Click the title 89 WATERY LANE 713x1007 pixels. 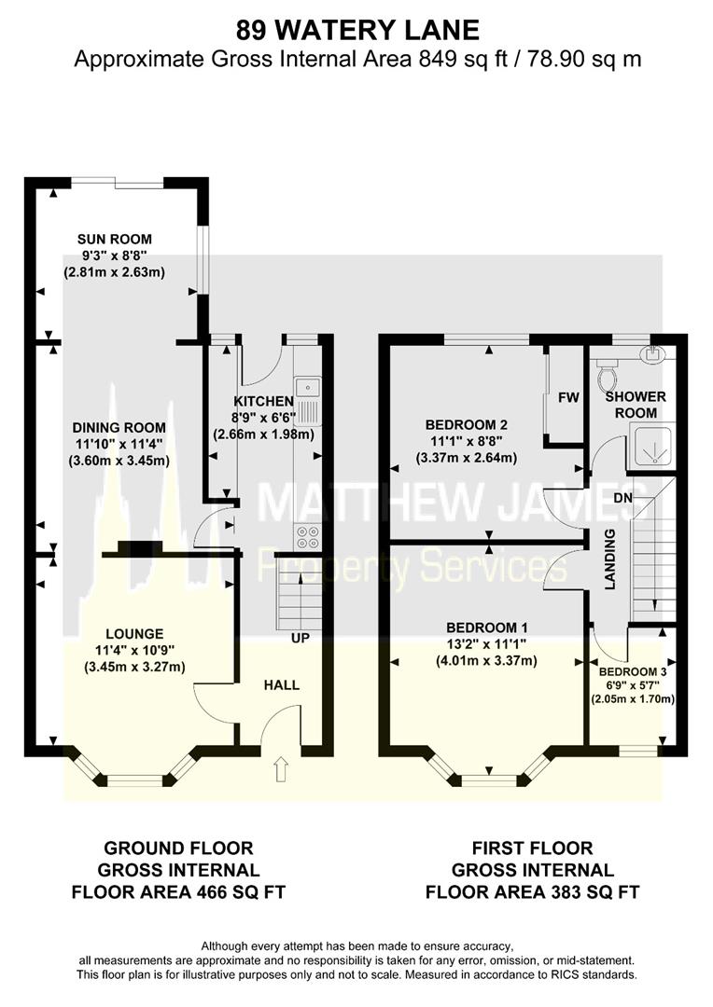[357, 31]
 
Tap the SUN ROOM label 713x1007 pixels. [114, 239]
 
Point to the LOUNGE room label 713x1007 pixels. [134, 633]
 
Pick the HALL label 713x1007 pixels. [281, 684]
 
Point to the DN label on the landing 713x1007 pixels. [650, 499]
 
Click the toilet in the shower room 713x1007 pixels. [608, 376]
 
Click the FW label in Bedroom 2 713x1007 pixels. [568, 398]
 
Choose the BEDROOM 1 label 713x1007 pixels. [487, 628]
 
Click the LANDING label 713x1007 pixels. [610, 559]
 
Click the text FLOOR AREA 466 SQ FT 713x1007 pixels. [178, 891]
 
